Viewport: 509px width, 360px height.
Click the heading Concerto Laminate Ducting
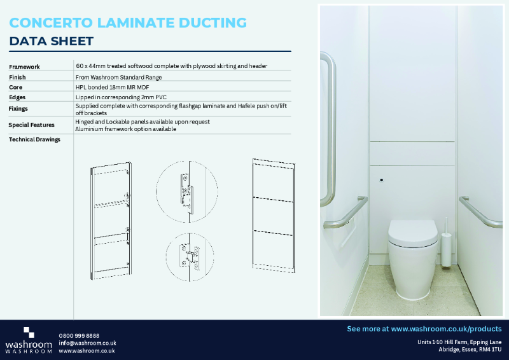128,24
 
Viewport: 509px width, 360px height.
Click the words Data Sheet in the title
52,42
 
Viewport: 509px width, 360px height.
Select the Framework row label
25,67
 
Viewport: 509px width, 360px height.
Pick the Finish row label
18,77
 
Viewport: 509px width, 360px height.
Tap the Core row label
16,87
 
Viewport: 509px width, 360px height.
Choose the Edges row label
18,97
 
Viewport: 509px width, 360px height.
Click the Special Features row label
32,125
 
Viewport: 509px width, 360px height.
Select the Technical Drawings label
35,139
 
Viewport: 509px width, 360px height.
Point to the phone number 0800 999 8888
79,335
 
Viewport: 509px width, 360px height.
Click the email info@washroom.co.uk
87,343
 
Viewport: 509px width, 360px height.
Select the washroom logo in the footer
29,341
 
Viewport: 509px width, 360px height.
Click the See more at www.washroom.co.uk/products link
424,329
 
